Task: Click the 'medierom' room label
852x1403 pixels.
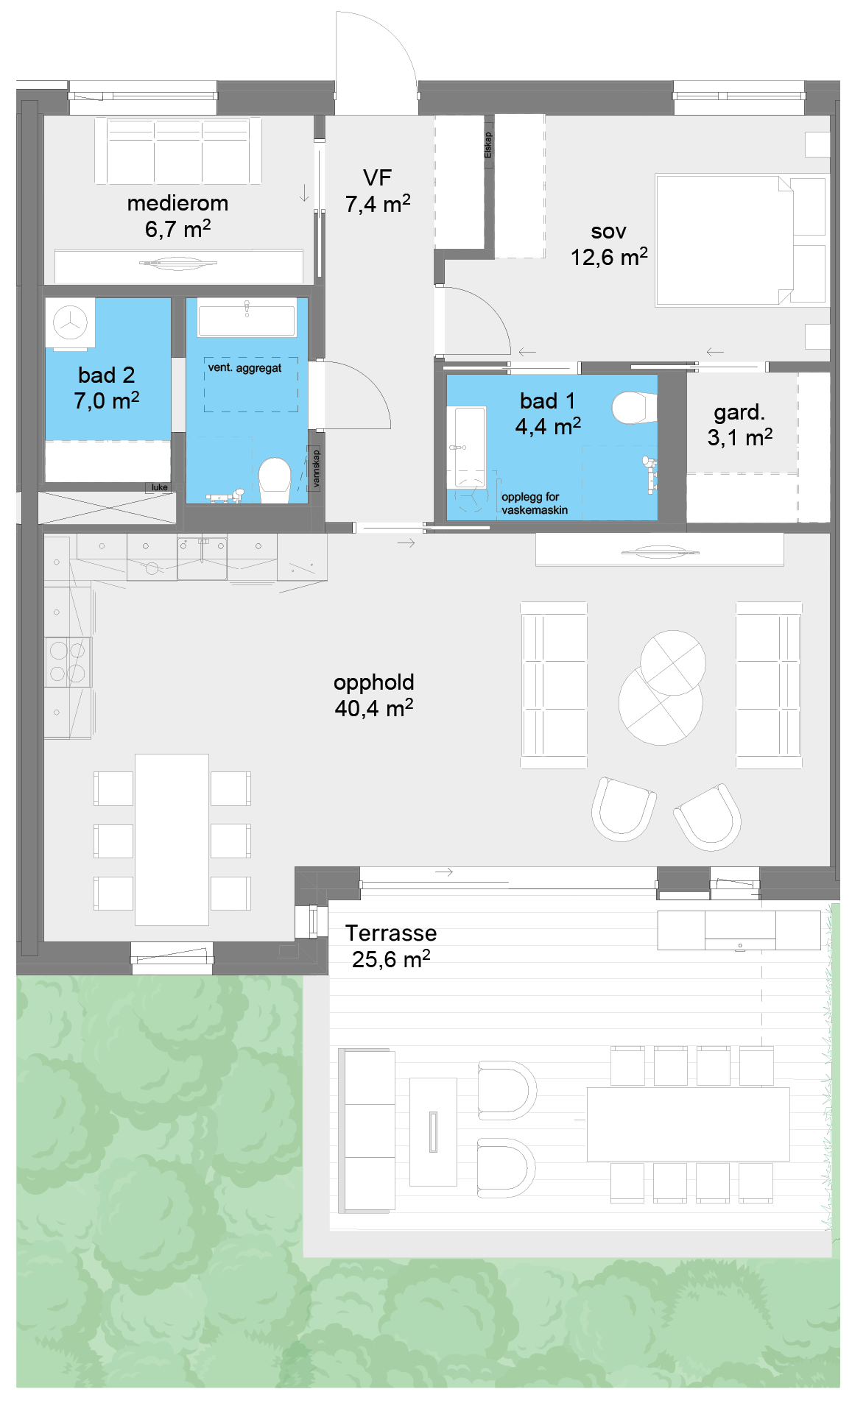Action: click(x=177, y=203)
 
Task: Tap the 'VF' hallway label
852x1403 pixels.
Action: click(x=377, y=177)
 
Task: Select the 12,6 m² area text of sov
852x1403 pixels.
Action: click(x=609, y=257)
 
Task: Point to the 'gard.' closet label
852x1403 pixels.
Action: click(x=739, y=412)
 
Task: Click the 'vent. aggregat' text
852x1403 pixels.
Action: click(x=244, y=367)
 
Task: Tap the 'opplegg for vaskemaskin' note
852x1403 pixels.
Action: click(x=535, y=503)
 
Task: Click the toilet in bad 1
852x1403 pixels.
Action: click(x=634, y=408)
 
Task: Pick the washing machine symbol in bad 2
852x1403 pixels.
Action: click(x=71, y=322)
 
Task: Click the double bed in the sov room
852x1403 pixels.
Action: click(x=740, y=240)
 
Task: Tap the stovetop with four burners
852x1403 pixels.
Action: click(x=68, y=662)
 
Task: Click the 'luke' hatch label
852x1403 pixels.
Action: click(x=159, y=487)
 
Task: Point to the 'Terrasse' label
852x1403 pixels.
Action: click(x=391, y=933)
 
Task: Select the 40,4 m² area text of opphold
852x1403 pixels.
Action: click(x=374, y=708)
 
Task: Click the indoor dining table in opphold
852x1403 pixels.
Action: click(x=172, y=839)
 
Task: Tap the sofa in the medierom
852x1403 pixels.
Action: click(x=178, y=150)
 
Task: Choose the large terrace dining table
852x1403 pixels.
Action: click(x=688, y=1124)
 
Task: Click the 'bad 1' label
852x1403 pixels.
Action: click(x=547, y=400)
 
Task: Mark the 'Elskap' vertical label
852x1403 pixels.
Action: click(x=488, y=145)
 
